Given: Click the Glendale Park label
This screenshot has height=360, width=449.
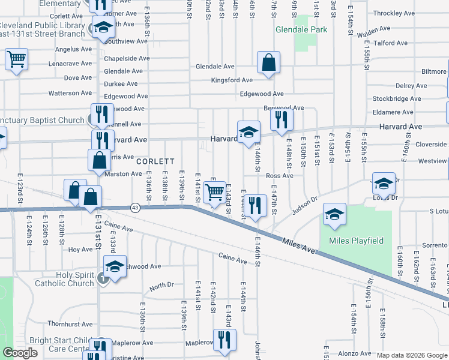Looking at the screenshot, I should (301, 29).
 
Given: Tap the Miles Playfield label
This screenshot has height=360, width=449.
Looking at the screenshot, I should (356, 241).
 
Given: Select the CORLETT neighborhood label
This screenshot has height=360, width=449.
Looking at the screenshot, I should (155, 162).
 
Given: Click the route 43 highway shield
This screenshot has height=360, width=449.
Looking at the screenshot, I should (135, 208).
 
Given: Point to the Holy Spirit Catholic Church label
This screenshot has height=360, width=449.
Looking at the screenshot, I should (67, 280).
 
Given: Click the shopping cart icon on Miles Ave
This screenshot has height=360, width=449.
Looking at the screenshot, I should (214, 193).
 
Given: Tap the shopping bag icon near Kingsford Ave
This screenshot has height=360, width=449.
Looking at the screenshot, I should (268, 62).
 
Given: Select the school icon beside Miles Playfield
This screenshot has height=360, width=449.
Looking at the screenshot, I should (334, 214).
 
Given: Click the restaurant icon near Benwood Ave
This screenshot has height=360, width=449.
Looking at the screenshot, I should (281, 119).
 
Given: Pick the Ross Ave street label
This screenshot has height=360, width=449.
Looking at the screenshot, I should (279, 176).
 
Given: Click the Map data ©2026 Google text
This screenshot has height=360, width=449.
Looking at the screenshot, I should (411, 355).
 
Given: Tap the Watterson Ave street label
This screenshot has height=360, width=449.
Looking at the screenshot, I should (70, 93).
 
